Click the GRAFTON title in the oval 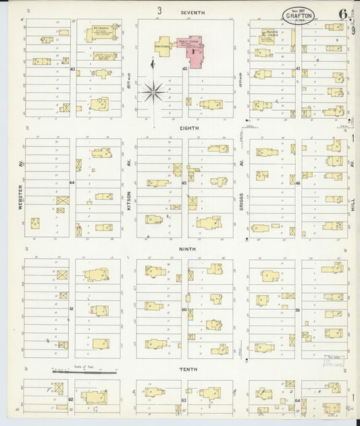point(299,15)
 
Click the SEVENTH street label point(192,13)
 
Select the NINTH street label point(187,248)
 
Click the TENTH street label point(187,370)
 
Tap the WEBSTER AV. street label point(21,196)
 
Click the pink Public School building point(190,51)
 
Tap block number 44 point(72,183)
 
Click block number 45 point(184,183)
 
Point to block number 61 point(71,309)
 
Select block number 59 point(297,310)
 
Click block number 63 point(184,400)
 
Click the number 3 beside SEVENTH point(160,11)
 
